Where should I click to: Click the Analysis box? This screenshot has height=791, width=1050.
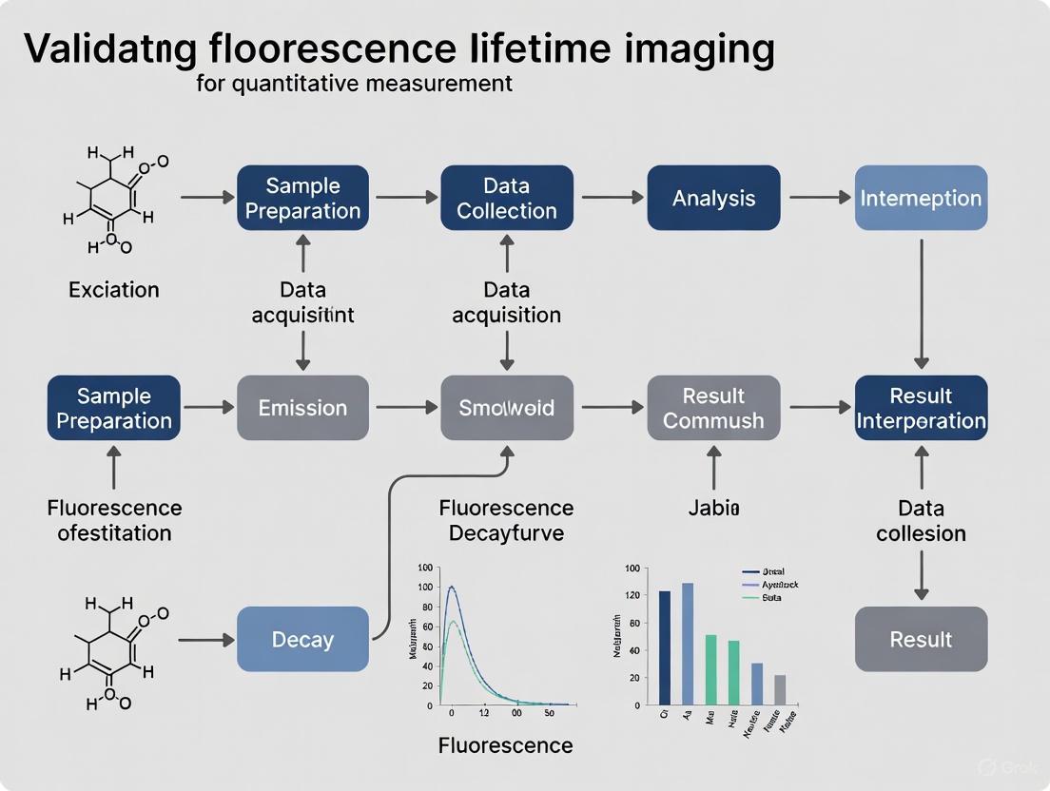pyautogui.click(x=713, y=198)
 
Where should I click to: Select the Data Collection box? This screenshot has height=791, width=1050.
pyautogui.click(x=507, y=198)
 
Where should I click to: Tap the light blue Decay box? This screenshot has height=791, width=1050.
pyautogui.click(x=302, y=639)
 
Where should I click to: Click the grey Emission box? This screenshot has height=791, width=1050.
pyautogui.click(x=302, y=408)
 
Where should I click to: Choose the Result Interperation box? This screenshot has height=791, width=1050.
pyautogui.click(x=921, y=408)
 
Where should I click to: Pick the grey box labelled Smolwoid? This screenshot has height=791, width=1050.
pyautogui.click(x=507, y=408)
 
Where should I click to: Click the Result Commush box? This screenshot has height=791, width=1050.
pyautogui.click(x=713, y=408)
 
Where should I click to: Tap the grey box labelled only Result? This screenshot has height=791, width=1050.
pyautogui.click(x=921, y=639)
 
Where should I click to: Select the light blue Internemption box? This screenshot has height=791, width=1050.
pyautogui.click(x=921, y=198)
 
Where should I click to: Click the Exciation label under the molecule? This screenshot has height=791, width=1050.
pyautogui.click(x=114, y=289)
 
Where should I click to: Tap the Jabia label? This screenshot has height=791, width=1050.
pyautogui.click(x=713, y=509)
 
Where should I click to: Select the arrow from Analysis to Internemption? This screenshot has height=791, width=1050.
pyautogui.click(x=818, y=198)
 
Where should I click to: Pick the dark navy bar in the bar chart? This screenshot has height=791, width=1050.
pyautogui.click(x=665, y=647)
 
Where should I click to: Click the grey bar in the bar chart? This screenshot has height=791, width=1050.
pyautogui.click(x=780, y=689)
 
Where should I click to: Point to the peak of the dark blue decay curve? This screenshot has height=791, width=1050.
pyautogui.click(x=452, y=587)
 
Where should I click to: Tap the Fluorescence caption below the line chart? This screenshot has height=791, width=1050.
pyautogui.click(x=506, y=745)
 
